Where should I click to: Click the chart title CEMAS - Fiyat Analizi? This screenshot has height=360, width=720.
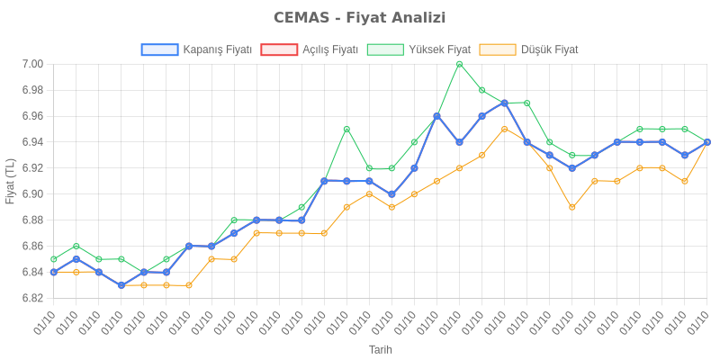(x=360, y=18)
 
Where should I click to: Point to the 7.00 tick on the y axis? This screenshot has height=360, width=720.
(x=32, y=64)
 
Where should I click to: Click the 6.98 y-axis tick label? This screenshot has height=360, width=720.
(x=32, y=90)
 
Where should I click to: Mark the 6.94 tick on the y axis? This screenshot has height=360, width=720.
(x=32, y=142)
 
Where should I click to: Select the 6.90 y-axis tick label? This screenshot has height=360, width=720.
(x=32, y=194)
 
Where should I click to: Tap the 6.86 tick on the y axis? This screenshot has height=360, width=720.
(x=32, y=246)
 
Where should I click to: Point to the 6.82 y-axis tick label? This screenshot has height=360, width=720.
(x=32, y=298)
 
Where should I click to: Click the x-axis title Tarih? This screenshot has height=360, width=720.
(x=380, y=349)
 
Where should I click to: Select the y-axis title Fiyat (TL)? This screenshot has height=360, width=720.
(x=11, y=181)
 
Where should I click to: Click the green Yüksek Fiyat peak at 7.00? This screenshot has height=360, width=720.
(x=459, y=64)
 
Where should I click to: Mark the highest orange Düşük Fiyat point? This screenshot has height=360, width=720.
(x=504, y=129)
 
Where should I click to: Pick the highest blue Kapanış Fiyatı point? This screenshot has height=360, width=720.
(x=504, y=103)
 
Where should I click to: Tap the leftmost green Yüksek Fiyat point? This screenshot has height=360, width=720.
(x=54, y=259)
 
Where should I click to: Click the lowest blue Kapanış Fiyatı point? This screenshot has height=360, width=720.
(x=121, y=285)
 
